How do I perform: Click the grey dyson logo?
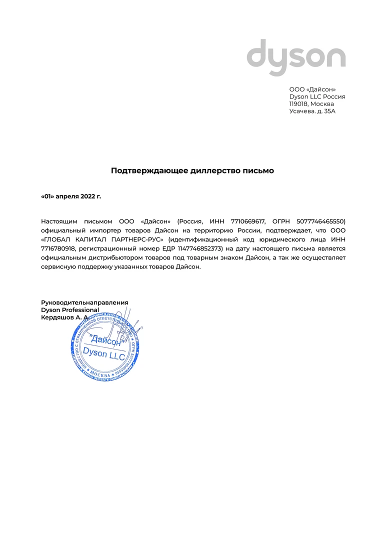tap(296, 57)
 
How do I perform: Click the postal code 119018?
tap(299, 103)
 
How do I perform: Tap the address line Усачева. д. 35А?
tap(312, 111)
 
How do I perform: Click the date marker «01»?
tap(47, 196)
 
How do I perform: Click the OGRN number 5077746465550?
tap(321, 221)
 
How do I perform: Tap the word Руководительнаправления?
tap(84, 302)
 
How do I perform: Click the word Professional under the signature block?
tap(80, 310)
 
